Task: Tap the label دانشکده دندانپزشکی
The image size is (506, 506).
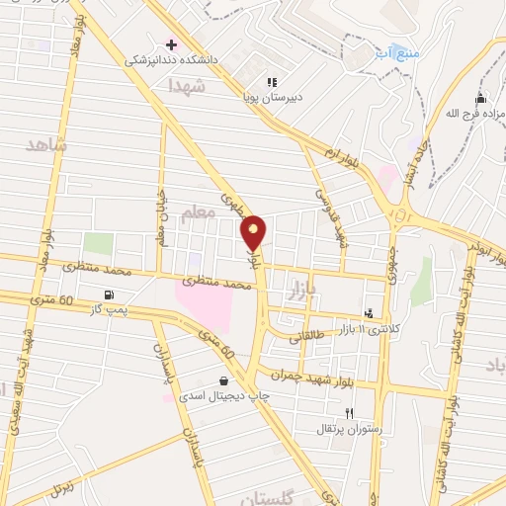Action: click(x=158, y=60)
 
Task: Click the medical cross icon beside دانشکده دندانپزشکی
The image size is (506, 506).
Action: click(x=171, y=44)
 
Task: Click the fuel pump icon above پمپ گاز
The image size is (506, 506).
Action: click(x=108, y=295)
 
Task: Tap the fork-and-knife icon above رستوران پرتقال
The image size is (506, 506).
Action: click(x=349, y=413)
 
